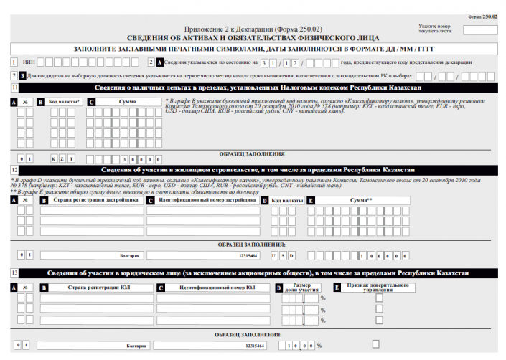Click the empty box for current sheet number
(480, 30)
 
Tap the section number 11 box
(15, 87)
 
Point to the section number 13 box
(15, 273)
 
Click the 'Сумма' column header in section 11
(128, 103)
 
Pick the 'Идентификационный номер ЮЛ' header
(214, 288)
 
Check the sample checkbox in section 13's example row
(375, 344)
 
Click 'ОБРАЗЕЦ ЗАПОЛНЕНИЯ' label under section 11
(251, 153)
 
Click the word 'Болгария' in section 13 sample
(136, 346)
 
